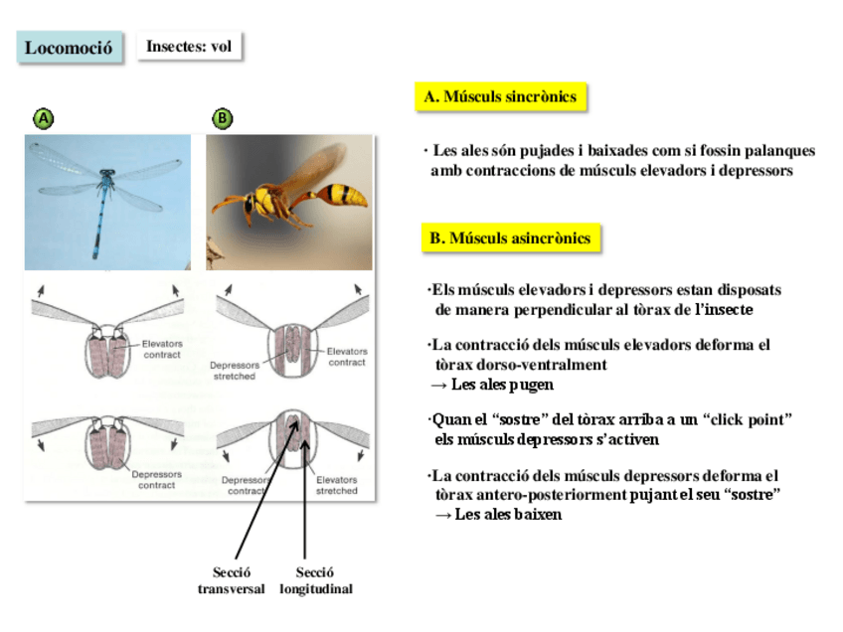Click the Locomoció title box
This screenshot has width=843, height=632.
tap(69, 48)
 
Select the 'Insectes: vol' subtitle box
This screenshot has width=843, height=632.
tap(189, 46)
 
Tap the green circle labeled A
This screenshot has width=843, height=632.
tap(43, 119)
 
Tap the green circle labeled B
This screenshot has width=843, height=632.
tap(223, 119)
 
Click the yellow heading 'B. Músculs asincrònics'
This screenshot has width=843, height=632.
tap(510, 238)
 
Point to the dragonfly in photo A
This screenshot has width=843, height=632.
tap(102, 193)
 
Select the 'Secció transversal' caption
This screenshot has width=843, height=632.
tap(231, 580)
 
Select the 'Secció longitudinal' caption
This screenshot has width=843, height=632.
tap(315, 580)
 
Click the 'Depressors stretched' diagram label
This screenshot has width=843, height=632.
tap(234, 371)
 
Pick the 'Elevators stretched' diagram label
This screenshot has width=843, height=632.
tap(336, 485)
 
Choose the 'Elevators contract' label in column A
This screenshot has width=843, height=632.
tap(162, 349)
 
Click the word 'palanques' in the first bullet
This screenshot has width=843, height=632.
tap(776, 151)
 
